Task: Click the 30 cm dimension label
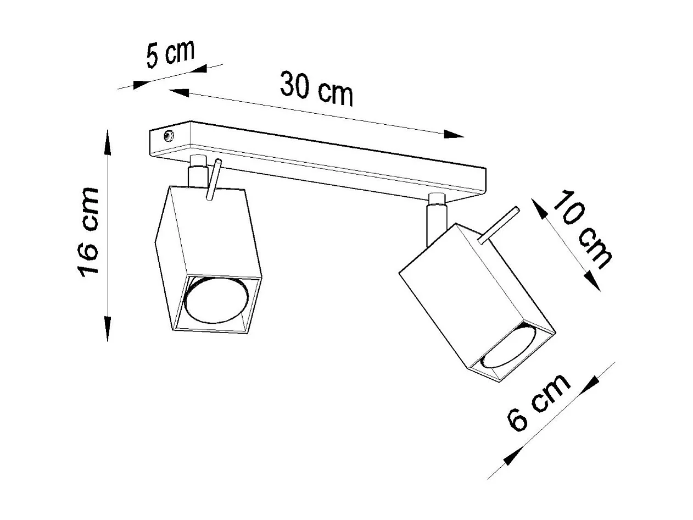tap(316, 88)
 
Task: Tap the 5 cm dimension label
tap(170, 53)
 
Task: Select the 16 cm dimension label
tap(88, 231)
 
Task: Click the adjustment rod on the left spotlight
tap(214, 180)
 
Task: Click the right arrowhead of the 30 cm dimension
tap(454, 134)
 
